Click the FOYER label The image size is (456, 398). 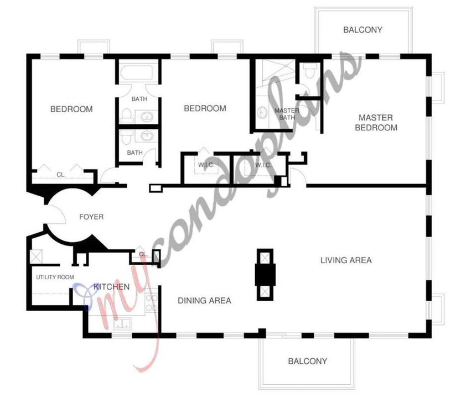click(x=91, y=217)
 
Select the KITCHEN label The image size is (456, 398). click(x=112, y=287)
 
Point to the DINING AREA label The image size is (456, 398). click(x=204, y=301)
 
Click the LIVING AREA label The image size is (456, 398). click(x=346, y=260)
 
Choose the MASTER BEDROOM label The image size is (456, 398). click(x=376, y=123)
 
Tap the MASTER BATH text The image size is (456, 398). click(x=287, y=114)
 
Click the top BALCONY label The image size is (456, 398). click(x=362, y=30)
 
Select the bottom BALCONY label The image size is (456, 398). click(x=308, y=361)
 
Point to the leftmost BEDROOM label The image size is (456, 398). click(x=71, y=109)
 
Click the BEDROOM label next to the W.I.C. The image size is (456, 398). click(x=205, y=108)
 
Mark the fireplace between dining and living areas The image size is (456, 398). click(x=264, y=274)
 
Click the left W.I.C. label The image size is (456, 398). click(x=206, y=165)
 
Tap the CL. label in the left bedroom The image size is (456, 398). click(x=61, y=175)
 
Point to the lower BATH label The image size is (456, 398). click(x=135, y=153)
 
